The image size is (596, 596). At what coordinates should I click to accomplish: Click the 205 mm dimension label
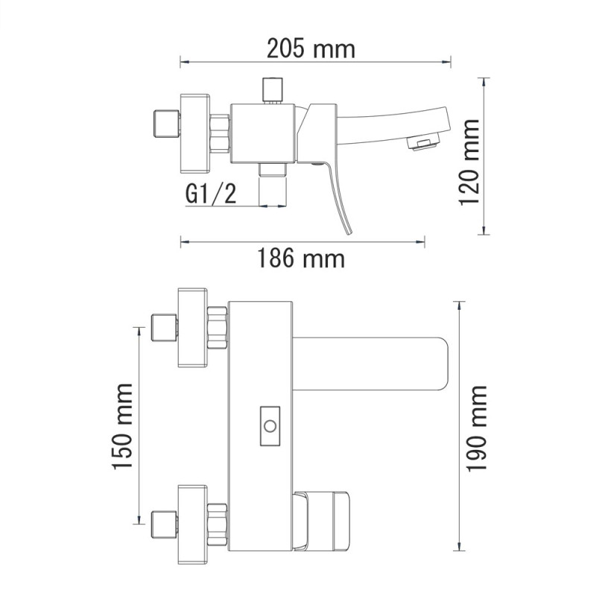click(311, 48)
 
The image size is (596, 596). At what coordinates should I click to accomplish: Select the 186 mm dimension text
click(301, 258)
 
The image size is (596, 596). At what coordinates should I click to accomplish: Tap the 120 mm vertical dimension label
click(469, 162)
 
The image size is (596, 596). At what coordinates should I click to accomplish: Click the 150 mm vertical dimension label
click(122, 426)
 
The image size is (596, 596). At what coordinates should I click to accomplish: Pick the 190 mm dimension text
click(476, 429)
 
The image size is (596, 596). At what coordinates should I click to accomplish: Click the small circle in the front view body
click(270, 426)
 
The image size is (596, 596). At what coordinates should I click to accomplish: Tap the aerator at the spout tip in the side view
click(423, 142)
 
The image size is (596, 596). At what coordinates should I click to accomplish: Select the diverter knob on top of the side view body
click(273, 90)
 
